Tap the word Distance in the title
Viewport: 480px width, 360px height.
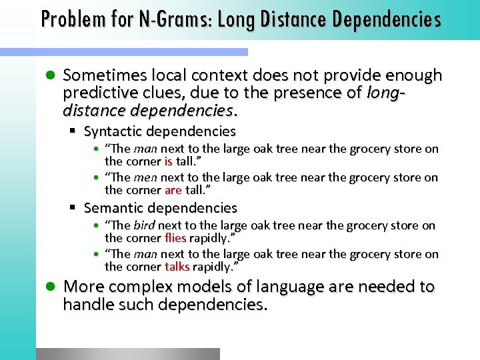292,19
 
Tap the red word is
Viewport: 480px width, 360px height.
169,161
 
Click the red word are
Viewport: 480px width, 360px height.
173,190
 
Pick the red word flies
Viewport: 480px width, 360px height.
175,238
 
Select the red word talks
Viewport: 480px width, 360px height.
177,267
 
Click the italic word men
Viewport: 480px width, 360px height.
145,177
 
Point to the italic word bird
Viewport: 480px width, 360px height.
145,225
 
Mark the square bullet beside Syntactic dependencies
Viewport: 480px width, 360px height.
75,131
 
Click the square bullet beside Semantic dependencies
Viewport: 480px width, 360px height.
75,208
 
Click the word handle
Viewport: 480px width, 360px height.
86,305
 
